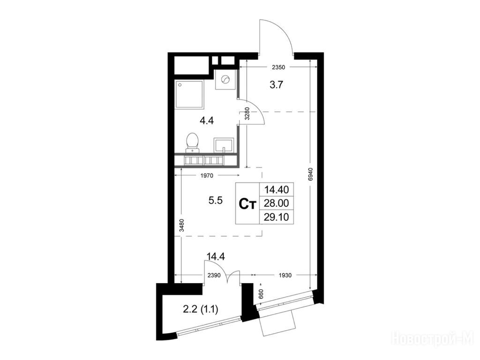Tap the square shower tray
point(189,94)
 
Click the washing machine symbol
point(225,79)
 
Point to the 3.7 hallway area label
point(276,85)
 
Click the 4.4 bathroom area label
point(207,120)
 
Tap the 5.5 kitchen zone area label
point(215,201)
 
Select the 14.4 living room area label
point(216,256)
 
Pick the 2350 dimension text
point(278,67)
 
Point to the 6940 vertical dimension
point(311,175)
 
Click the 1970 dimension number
point(207,176)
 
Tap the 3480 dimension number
point(181,225)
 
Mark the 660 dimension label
point(261,294)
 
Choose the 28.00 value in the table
point(277,203)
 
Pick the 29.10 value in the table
point(277,217)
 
